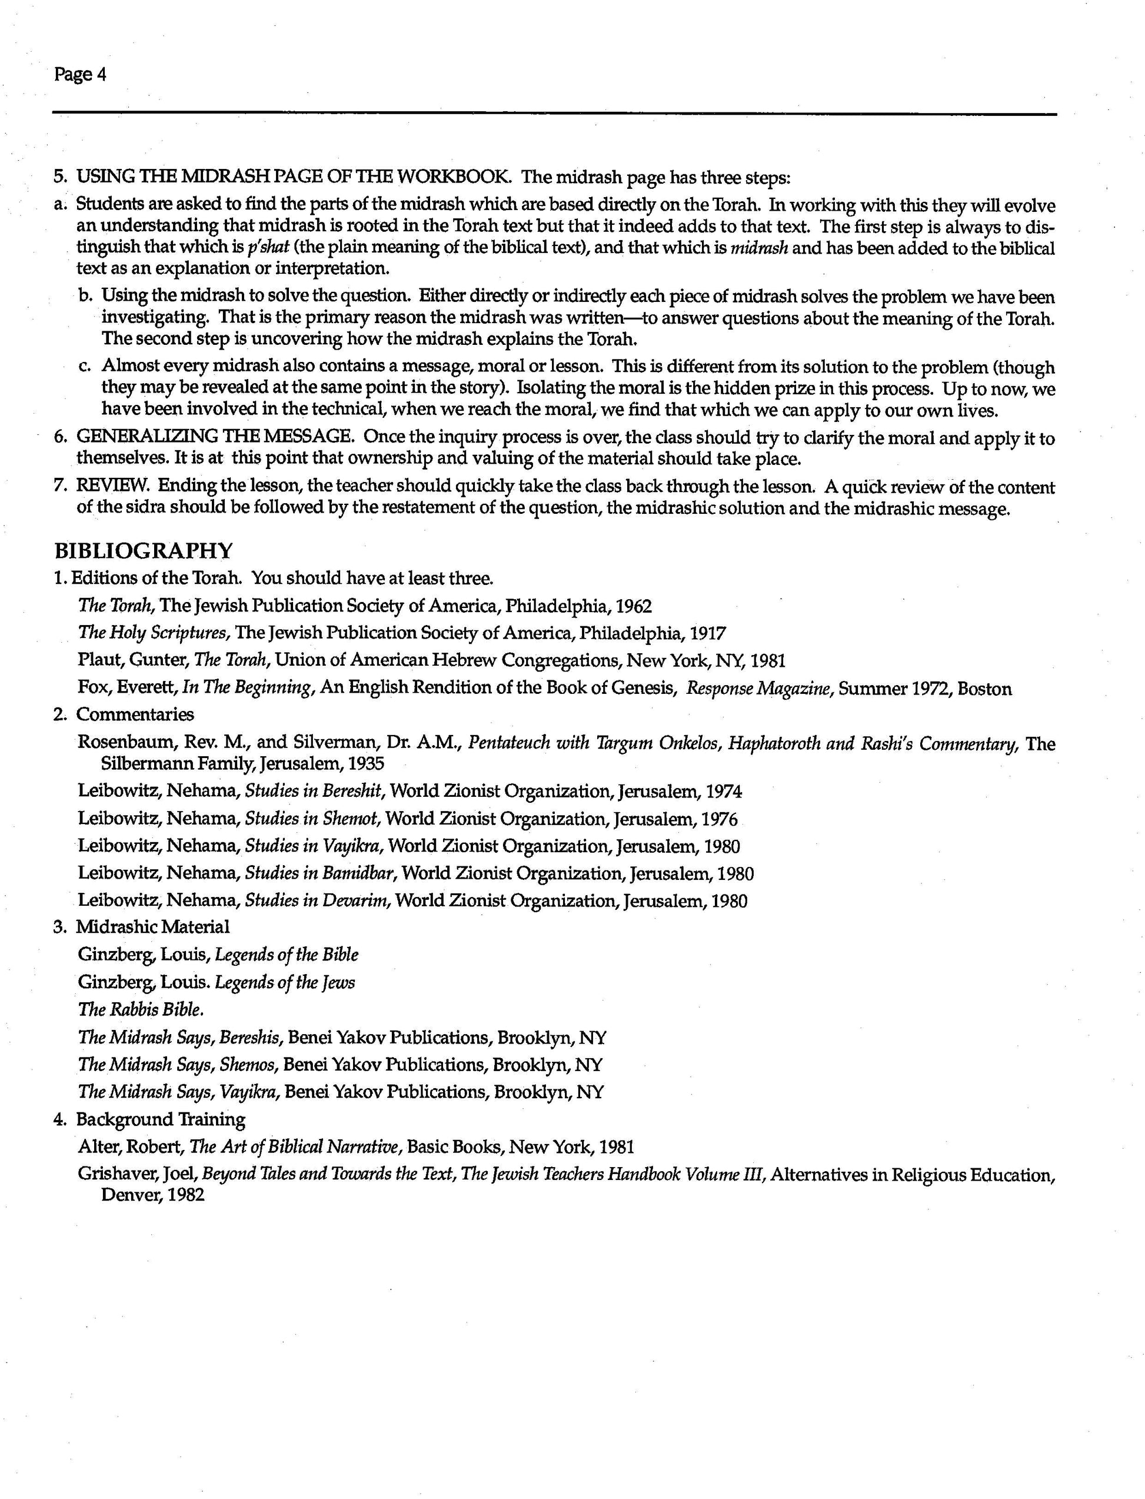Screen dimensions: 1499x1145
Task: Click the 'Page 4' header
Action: point(80,74)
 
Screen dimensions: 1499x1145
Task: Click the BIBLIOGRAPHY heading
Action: point(143,550)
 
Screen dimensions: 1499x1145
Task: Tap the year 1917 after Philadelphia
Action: point(707,633)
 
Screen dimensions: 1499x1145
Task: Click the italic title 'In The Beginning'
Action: point(247,688)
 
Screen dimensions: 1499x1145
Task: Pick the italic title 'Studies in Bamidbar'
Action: point(322,873)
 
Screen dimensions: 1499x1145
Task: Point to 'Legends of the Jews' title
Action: point(285,982)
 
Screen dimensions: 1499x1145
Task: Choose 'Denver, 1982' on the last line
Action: point(152,1196)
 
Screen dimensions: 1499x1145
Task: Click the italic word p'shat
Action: point(269,248)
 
